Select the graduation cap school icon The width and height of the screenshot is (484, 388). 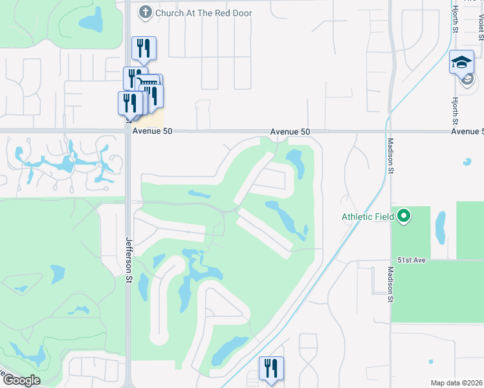point(461,63)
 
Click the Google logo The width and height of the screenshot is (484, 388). point(21,380)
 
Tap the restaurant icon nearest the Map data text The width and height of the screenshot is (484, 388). point(271,368)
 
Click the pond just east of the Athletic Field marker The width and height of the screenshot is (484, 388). point(441,226)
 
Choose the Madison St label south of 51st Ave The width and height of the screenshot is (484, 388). point(390,285)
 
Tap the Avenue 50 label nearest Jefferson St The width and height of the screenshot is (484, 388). point(153,131)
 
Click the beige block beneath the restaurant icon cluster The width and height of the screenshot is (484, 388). point(151,120)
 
